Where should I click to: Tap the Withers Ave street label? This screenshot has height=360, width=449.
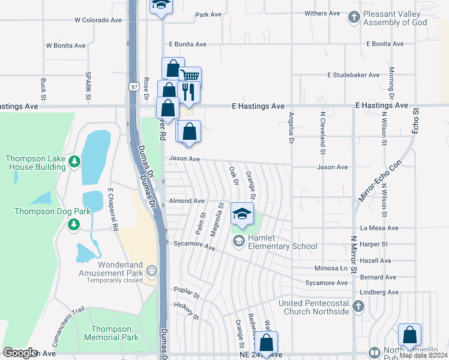pyautogui.click(x=322, y=13)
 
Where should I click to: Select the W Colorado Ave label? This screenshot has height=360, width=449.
pyautogui.click(x=98, y=20)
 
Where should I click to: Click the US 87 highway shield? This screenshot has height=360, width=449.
pyautogui.click(x=133, y=86)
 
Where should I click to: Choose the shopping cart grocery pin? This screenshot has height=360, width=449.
pyautogui.click(x=190, y=76)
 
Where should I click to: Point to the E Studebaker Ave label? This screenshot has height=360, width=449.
pyautogui.click(x=353, y=75)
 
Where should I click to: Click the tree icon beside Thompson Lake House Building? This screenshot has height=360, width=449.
pyautogui.click(x=74, y=162)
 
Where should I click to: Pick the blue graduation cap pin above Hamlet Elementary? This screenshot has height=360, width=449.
pyautogui.click(x=242, y=214)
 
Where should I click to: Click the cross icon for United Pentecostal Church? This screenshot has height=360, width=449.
pyautogui.click(x=358, y=307)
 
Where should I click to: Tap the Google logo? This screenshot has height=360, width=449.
pyautogui.click(x=20, y=352)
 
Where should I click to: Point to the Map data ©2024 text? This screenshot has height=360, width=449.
pyautogui.click(x=423, y=355)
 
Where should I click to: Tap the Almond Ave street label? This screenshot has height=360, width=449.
pyautogui.click(x=187, y=201)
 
